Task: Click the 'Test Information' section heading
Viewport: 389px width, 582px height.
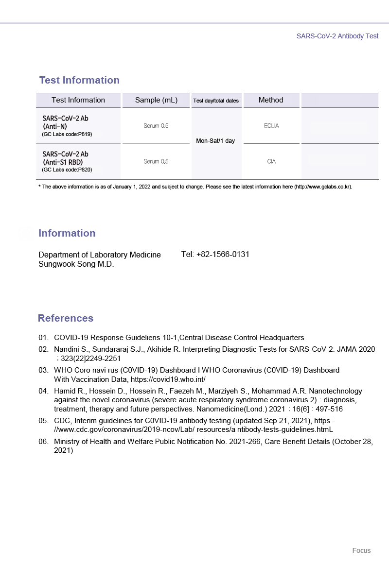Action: tap(79, 80)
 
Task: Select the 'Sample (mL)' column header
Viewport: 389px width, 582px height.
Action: tap(156, 100)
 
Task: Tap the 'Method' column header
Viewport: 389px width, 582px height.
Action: tap(271, 100)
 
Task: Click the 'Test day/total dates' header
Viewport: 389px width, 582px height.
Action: tap(216, 101)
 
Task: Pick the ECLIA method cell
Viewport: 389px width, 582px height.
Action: tap(271, 126)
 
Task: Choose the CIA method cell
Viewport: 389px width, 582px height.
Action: tap(271, 162)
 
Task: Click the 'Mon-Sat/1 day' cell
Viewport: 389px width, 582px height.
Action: tap(215, 141)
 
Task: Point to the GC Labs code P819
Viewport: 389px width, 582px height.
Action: tap(67, 134)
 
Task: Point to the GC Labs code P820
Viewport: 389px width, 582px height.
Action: tap(67, 170)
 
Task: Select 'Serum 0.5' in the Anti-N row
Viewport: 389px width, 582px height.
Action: tap(156, 126)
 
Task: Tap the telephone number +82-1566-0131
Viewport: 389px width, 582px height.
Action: tap(215, 255)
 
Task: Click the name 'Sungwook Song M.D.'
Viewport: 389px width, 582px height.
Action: tap(76, 265)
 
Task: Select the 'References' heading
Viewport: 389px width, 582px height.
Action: tap(66, 318)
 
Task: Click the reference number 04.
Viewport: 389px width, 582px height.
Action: tap(44, 391)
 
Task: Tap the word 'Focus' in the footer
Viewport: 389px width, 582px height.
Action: tap(361, 550)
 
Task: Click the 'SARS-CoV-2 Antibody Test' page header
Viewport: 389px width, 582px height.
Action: tap(337, 36)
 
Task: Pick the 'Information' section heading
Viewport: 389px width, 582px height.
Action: tap(67, 233)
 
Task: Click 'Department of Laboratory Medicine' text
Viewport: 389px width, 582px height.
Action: tap(100, 255)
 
